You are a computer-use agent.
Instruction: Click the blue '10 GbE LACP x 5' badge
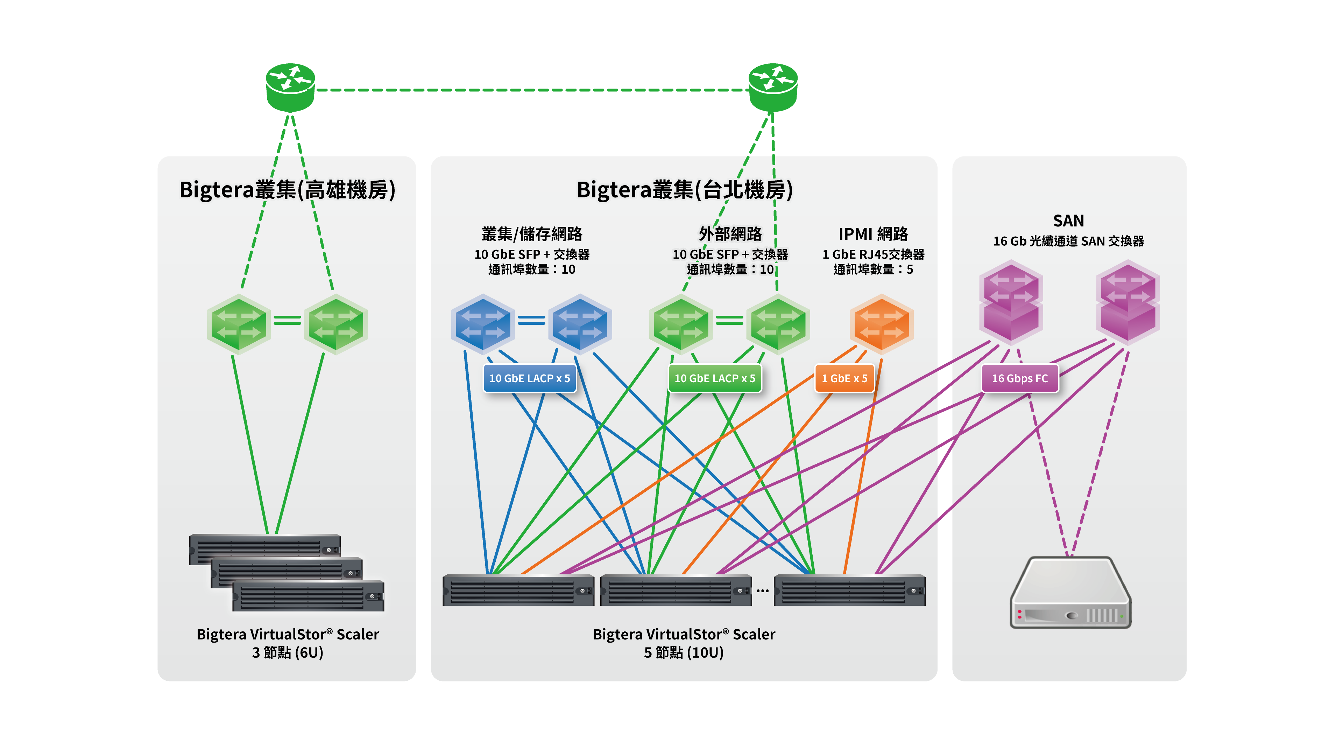tap(530, 378)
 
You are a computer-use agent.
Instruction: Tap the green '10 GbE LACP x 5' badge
tap(715, 378)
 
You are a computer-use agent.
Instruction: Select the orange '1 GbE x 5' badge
tap(844, 378)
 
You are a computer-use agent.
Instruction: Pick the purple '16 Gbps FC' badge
tap(1020, 378)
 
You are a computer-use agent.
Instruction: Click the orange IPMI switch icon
tap(882, 323)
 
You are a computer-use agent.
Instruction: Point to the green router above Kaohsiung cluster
tap(290, 87)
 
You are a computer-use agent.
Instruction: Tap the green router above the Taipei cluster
tap(773, 87)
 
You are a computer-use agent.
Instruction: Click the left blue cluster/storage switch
tap(483, 323)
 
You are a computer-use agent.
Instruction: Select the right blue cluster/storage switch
tap(580, 323)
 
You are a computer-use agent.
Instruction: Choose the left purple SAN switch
tap(1011, 302)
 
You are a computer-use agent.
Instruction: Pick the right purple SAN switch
tap(1128, 302)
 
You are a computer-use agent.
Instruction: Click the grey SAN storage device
tap(1070, 592)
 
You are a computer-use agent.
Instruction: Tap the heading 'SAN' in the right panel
tap(1068, 221)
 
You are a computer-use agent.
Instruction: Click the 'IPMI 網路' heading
tap(873, 234)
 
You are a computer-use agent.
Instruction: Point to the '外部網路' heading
tap(730, 234)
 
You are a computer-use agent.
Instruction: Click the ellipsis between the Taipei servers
tap(763, 591)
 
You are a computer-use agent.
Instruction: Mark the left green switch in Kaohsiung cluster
tap(239, 323)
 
